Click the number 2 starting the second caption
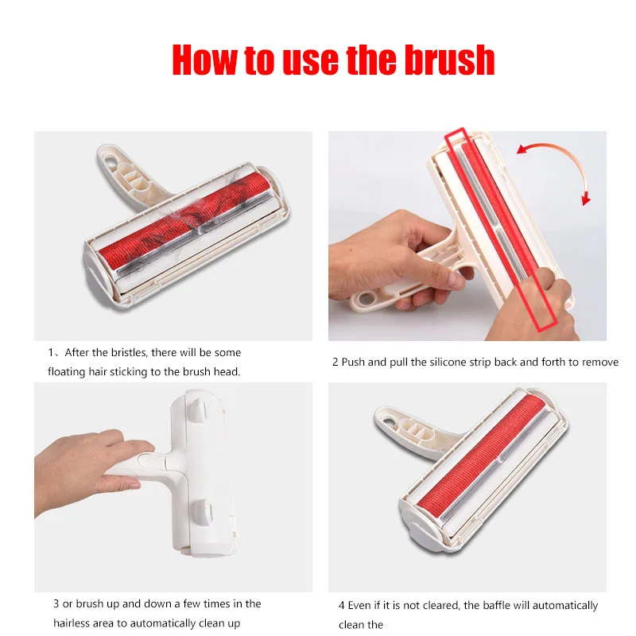click(x=335, y=362)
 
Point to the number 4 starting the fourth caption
click(x=342, y=606)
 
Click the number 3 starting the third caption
click(x=56, y=603)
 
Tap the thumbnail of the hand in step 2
click(x=456, y=280)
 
